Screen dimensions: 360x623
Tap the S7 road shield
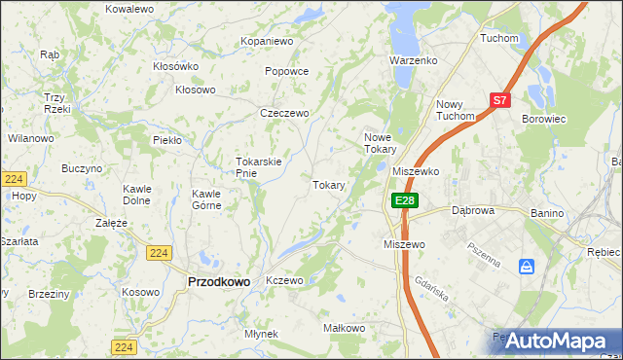click(x=499, y=99)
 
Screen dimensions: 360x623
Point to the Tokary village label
click(x=328, y=184)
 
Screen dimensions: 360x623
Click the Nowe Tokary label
click(x=380, y=143)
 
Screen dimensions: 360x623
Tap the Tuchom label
click(x=498, y=38)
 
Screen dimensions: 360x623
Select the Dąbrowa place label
click(x=475, y=209)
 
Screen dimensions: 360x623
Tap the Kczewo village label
click(x=285, y=280)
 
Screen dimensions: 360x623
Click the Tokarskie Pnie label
click(x=259, y=167)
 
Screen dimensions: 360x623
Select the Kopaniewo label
click(x=268, y=42)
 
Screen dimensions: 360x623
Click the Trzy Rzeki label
click(x=55, y=103)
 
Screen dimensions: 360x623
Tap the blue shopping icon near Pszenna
click(x=527, y=266)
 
